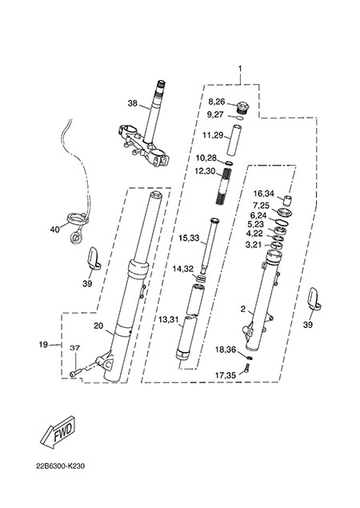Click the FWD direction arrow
(58, 433)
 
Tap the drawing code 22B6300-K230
(61, 466)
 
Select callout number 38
(132, 103)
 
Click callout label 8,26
(217, 102)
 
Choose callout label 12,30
(205, 170)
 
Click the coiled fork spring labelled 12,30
(224, 184)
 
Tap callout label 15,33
(190, 238)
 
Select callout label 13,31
(169, 320)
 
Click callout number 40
(55, 230)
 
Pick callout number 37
(75, 348)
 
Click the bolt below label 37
(74, 374)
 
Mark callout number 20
(98, 326)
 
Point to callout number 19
(43, 344)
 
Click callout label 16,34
(263, 194)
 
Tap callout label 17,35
(226, 375)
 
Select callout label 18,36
(226, 350)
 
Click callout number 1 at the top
(240, 69)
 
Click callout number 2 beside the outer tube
(242, 310)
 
